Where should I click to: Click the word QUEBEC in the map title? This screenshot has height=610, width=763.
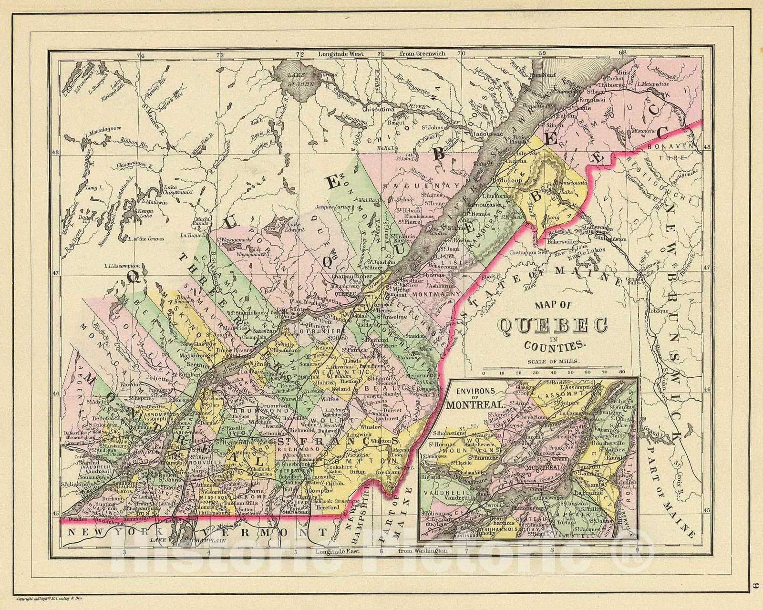pyautogui.click(x=553, y=327)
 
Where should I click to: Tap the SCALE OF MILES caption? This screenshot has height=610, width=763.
pyautogui.click(x=553, y=361)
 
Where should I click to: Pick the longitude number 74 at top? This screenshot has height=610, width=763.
pyautogui.click(x=140, y=56)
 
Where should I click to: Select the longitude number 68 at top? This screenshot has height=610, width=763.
pyautogui.click(x=622, y=52)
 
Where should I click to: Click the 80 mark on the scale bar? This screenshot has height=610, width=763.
pyautogui.click(x=621, y=371)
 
